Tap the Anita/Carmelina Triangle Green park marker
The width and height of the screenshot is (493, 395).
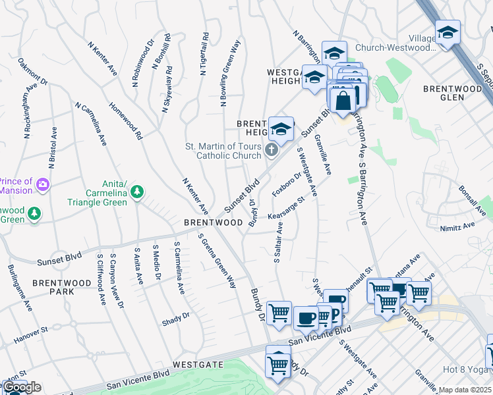tap(137, 192)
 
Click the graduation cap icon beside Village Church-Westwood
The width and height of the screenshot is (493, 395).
tap(448, 33)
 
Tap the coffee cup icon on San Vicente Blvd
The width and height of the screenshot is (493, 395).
tap(306, 319)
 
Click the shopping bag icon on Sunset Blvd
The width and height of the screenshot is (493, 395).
tap(343, 102)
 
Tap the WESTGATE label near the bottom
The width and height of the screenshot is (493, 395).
tap(198, 364)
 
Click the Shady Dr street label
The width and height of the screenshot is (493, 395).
tap(175, 319)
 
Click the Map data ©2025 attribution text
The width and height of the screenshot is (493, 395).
tap(465, 390)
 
